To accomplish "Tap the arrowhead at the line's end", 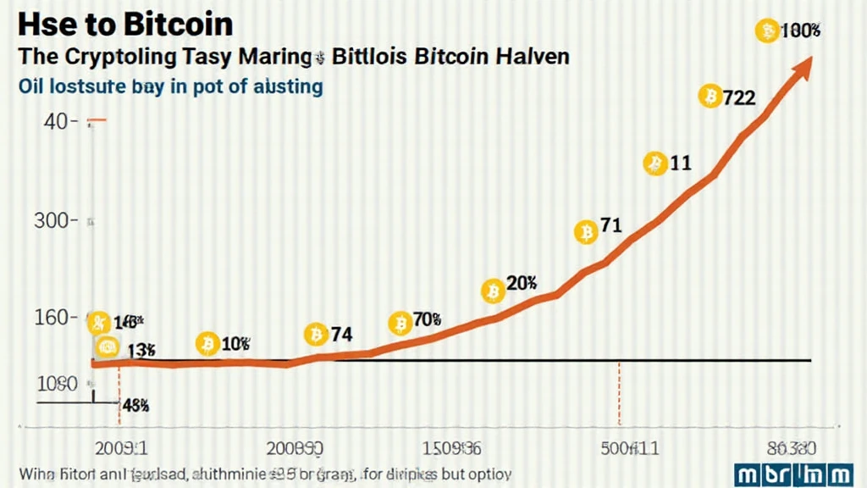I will tap(803, 66).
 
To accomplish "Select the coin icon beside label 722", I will tap(710, 97).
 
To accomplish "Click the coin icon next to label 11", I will tap(655, 164).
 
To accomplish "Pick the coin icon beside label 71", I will tap(586, 231).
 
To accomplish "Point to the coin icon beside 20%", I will tap(493, 291).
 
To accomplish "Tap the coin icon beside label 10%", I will tap(207, 343).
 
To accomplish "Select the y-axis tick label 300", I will tap(55, 221).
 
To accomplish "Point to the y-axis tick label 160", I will tap(55, 318).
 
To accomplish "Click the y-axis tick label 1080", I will tap(58, 383).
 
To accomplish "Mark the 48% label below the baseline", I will tap(135, 405).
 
